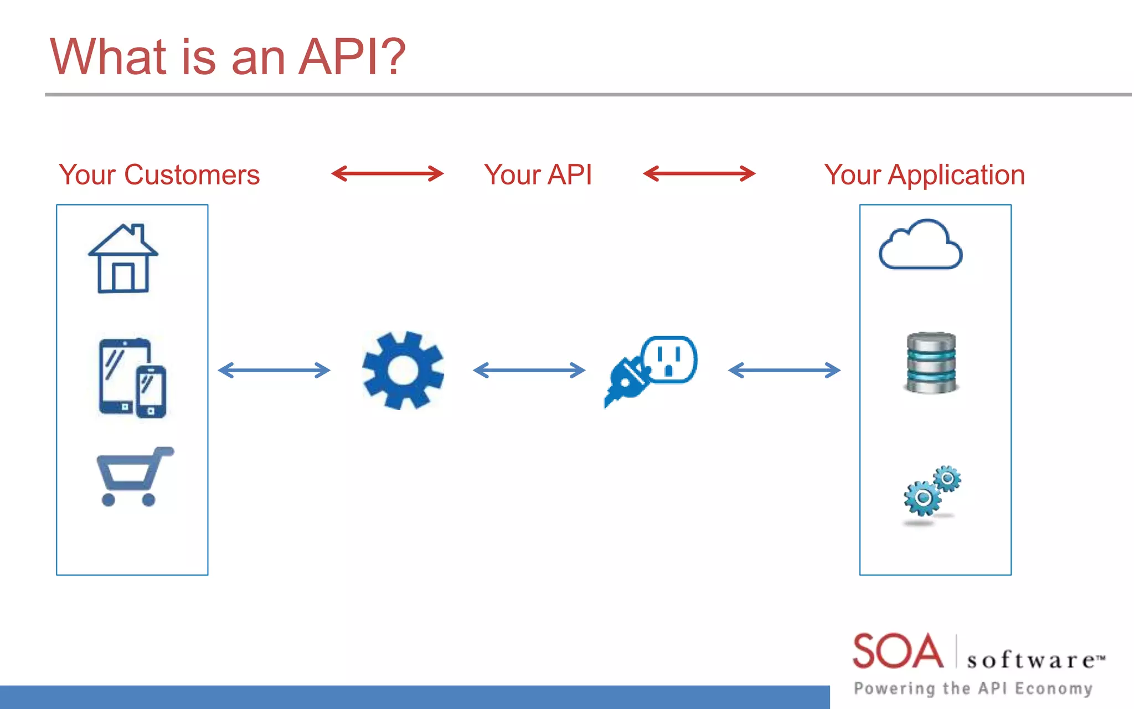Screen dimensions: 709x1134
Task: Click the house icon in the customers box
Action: [123, 259]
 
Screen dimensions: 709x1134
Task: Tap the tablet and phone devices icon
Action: [132, 378]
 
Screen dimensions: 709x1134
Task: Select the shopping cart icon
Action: [134, 476]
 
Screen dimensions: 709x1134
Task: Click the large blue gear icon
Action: [403, 370]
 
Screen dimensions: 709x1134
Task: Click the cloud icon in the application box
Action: [920, 245]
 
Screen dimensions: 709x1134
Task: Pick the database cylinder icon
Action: [931, 363]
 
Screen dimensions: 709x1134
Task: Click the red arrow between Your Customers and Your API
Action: [388, 173]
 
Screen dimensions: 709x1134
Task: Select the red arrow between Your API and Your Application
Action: [699, 173]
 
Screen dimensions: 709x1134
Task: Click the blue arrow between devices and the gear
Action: [274, 370]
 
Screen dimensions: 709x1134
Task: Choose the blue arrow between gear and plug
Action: [529, 370]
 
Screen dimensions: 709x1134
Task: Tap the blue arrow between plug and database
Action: [784, 370]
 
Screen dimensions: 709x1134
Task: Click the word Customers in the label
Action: [192, 175]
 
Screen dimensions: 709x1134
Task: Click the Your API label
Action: [538, 175]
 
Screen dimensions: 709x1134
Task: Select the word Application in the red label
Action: [956, 175]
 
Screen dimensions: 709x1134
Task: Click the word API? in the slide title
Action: [352, 56]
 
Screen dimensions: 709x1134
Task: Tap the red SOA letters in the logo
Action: [898, 651]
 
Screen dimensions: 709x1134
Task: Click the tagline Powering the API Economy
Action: [973, 689]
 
